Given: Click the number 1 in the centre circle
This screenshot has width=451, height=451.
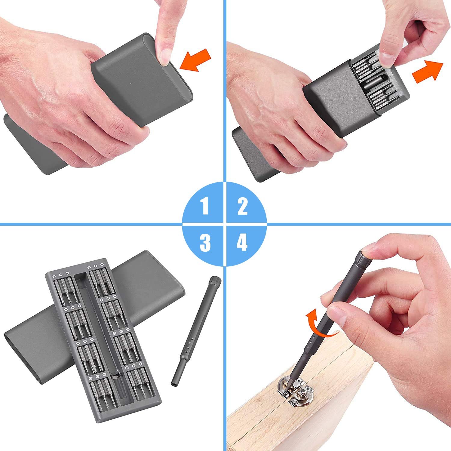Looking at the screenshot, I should [x=205, y=206].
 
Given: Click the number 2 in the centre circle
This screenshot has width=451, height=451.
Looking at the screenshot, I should [x=242, y=206].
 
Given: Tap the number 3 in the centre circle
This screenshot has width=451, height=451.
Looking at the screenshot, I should [x=205, y=242].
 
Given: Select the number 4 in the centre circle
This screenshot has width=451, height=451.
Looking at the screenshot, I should [x=242, y=242].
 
